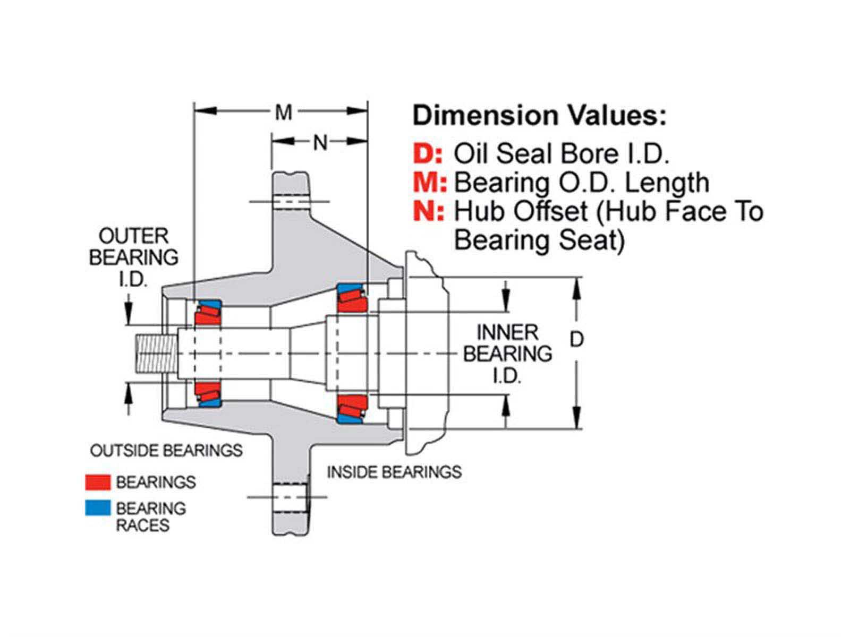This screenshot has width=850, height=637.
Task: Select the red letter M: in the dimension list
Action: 430,183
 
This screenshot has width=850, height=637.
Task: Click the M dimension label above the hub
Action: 284,112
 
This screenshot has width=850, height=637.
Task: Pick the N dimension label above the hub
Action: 320,142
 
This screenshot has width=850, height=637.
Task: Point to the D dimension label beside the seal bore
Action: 576,339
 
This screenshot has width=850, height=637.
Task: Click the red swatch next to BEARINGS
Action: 98,482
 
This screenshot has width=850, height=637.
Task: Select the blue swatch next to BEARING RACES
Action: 98,508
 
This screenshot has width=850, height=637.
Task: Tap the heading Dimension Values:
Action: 539,115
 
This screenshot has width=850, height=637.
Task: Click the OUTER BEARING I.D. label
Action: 133,257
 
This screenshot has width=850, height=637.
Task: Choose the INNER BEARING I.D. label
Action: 507,354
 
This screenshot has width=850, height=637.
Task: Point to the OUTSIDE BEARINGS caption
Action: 166,451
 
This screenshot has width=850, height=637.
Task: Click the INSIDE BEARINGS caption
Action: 394,472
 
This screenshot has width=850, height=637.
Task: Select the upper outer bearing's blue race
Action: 211,305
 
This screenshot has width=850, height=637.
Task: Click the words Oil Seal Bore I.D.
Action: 561,154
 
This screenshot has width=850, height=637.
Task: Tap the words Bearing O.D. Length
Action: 582,183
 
